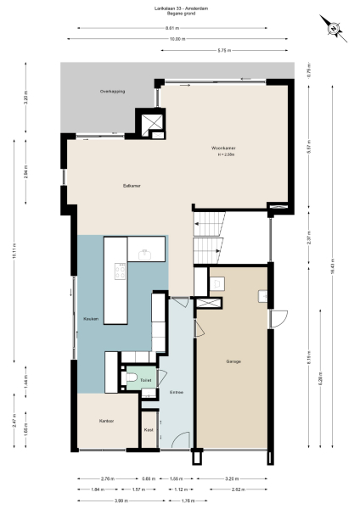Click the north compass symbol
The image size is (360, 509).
pyautogui.click(x=335, y=31)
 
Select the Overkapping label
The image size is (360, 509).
pyautogui.click(x=112, y=91)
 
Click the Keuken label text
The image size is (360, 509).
pyautogui.click(x=91, y=319)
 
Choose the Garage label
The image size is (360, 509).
pyautogui.click(x=233, y=361)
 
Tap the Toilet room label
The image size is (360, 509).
pyautogui.click(x=146, y=382)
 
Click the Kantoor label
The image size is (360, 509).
pyautogui.click(x=106, y=422)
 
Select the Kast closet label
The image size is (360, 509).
pyautogui.click(x=149, y=430)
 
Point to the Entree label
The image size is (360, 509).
pyautogui.click(x=177, y=393)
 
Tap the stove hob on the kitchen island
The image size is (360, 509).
pyautogui.click(x=120, y=272)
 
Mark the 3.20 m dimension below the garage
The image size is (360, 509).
pyautogui.click(x=233, y=479)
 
